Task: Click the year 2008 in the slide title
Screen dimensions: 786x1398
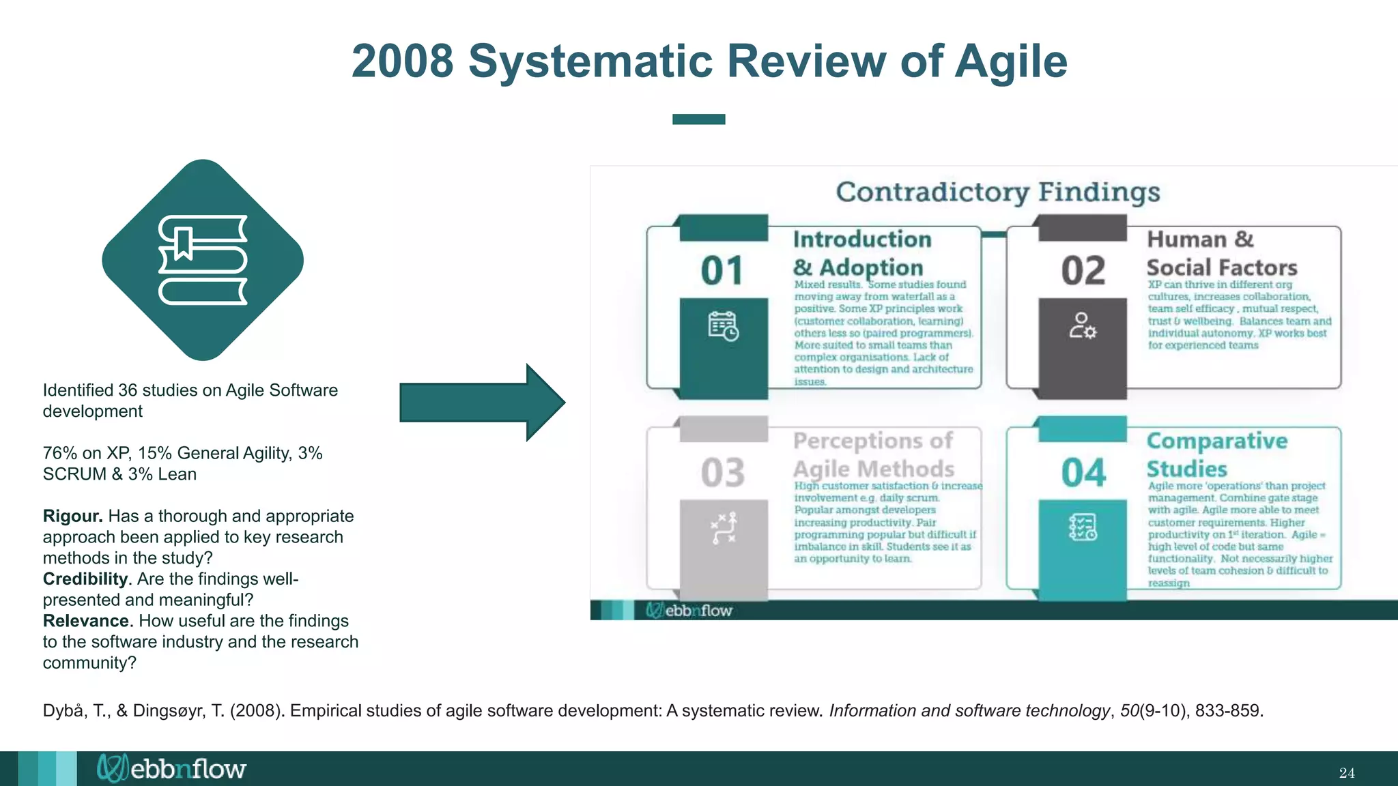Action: pos(402,61)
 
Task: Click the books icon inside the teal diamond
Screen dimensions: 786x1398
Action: pos(203,260)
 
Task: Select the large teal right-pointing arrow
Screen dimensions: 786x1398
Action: pos(481,403)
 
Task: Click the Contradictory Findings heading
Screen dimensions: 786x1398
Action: pos(997,192)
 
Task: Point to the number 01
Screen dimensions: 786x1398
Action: pos(722,271)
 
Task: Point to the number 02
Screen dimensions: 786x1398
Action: pos(1083,271)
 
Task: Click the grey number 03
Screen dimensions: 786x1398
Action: pos(722,472)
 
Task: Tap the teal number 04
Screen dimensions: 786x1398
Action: pos(1083,472)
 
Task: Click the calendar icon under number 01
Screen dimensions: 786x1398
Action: pos(723,326)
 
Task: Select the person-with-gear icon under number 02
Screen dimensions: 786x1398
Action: pos(1083,326)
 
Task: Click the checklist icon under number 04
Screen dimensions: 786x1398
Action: pos(1083,527)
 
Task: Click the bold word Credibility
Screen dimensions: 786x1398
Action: pos(85,579)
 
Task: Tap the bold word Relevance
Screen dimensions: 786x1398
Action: pos(86,621)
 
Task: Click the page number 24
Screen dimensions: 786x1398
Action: pos(1347,773)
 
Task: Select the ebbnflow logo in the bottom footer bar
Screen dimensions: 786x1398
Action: pos(171,768)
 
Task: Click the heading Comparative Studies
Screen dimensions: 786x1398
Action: pos(1216,454)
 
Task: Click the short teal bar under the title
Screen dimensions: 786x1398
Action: pos(698,119)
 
